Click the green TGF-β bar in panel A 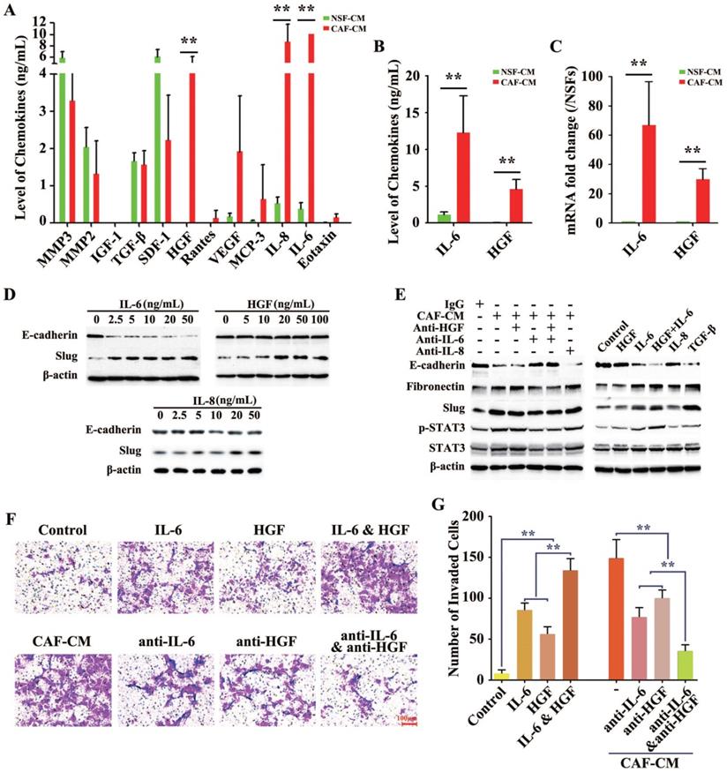tap(134, 191)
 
